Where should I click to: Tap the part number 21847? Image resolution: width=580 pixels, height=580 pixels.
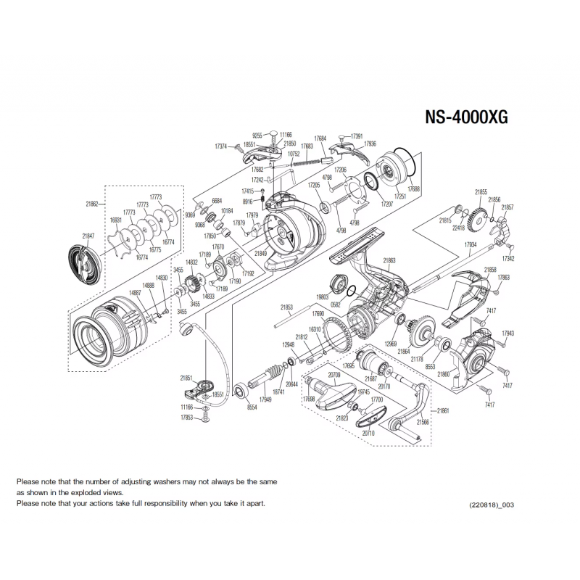pos(88,236)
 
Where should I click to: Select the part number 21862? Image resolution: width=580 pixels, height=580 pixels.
pos(92,204)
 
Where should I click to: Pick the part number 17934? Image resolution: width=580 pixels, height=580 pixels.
pos(470,245)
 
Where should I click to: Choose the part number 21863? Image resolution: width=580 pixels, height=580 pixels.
pos(389,260)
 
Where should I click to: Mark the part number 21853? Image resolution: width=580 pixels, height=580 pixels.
pos(286,307)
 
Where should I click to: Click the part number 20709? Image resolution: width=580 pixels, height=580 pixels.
pos(334,375)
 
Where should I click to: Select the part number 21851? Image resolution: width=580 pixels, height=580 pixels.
pos(186,378)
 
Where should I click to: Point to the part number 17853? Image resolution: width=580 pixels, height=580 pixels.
pos(186,418)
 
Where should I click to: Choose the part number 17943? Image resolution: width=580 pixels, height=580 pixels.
pos(507,333)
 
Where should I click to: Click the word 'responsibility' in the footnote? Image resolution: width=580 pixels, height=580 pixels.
pos(172,502)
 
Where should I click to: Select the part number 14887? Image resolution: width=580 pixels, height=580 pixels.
pos(135,292)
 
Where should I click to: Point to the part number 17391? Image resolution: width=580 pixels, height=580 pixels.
pos(357,136)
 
